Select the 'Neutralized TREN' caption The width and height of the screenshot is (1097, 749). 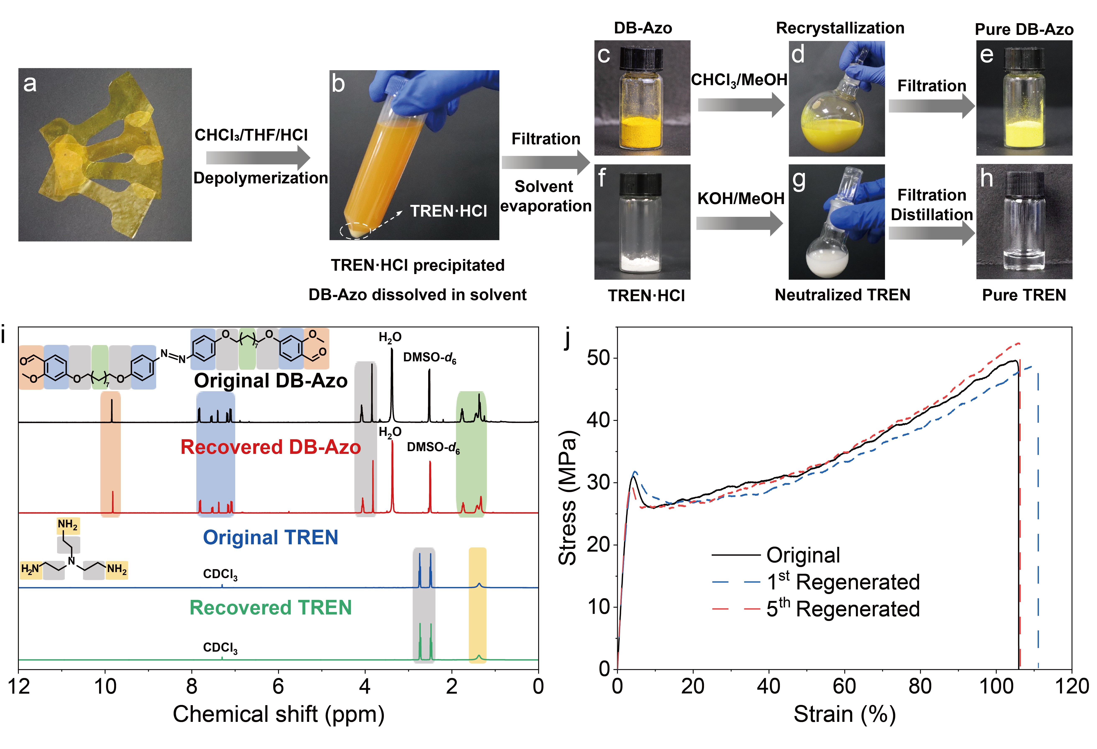coord(842,295)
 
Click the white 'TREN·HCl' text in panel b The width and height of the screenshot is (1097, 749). coord(448,211)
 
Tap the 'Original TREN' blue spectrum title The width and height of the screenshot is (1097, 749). coord(271,537)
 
